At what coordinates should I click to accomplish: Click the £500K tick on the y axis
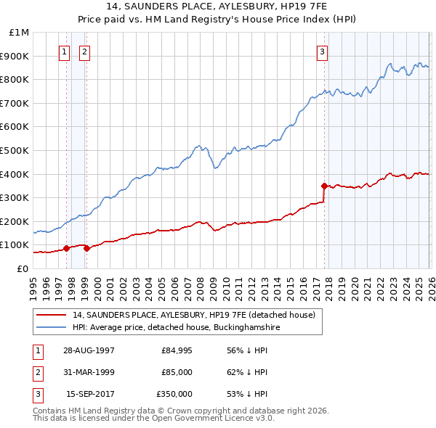click(16, 150)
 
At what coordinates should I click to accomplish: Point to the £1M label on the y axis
click(20, 33)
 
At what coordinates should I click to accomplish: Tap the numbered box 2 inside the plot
click(85, 52)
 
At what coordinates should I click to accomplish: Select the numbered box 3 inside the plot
click(322, 52)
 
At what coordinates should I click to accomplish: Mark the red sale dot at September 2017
click(324, 186)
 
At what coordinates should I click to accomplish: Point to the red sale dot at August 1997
click(67, 248)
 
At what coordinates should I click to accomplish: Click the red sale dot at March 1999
click(86, 248)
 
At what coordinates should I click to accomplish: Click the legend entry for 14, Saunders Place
click(193, 315)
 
